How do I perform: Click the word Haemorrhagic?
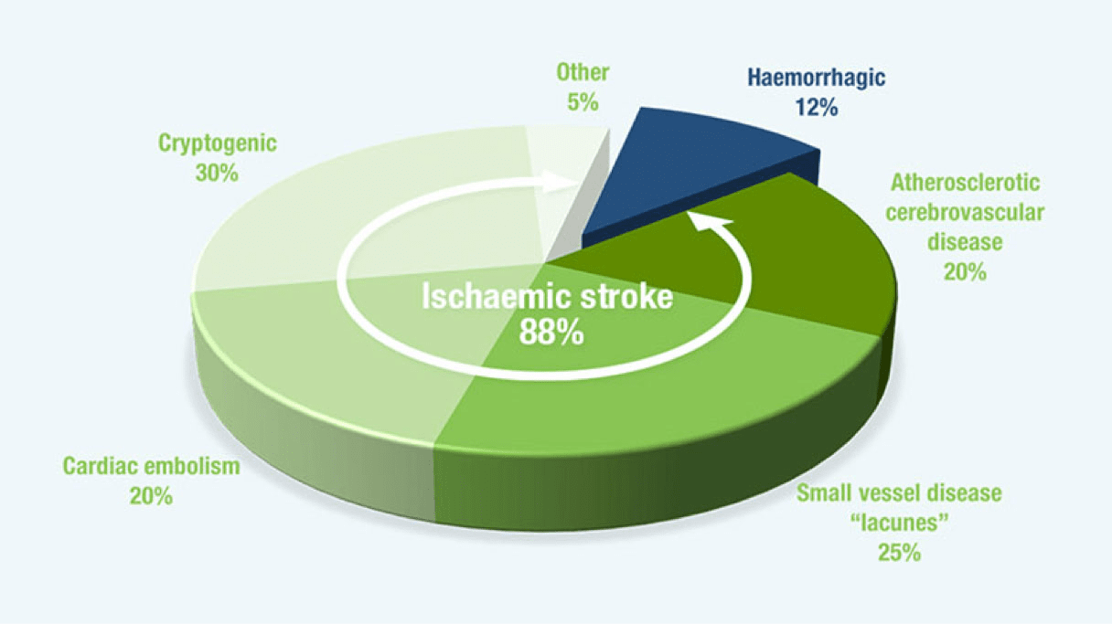click(817, 78)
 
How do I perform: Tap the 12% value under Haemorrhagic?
click(817, 108)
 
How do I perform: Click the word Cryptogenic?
click(218, 143)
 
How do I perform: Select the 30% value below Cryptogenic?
click(218, 172)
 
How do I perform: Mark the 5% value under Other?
click(583, 101)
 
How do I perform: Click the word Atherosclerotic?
click(964, 183)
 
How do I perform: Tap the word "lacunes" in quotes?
click(898, 524)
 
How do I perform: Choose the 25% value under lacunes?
click(898, 554)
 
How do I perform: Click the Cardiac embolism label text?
click(151, 466)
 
